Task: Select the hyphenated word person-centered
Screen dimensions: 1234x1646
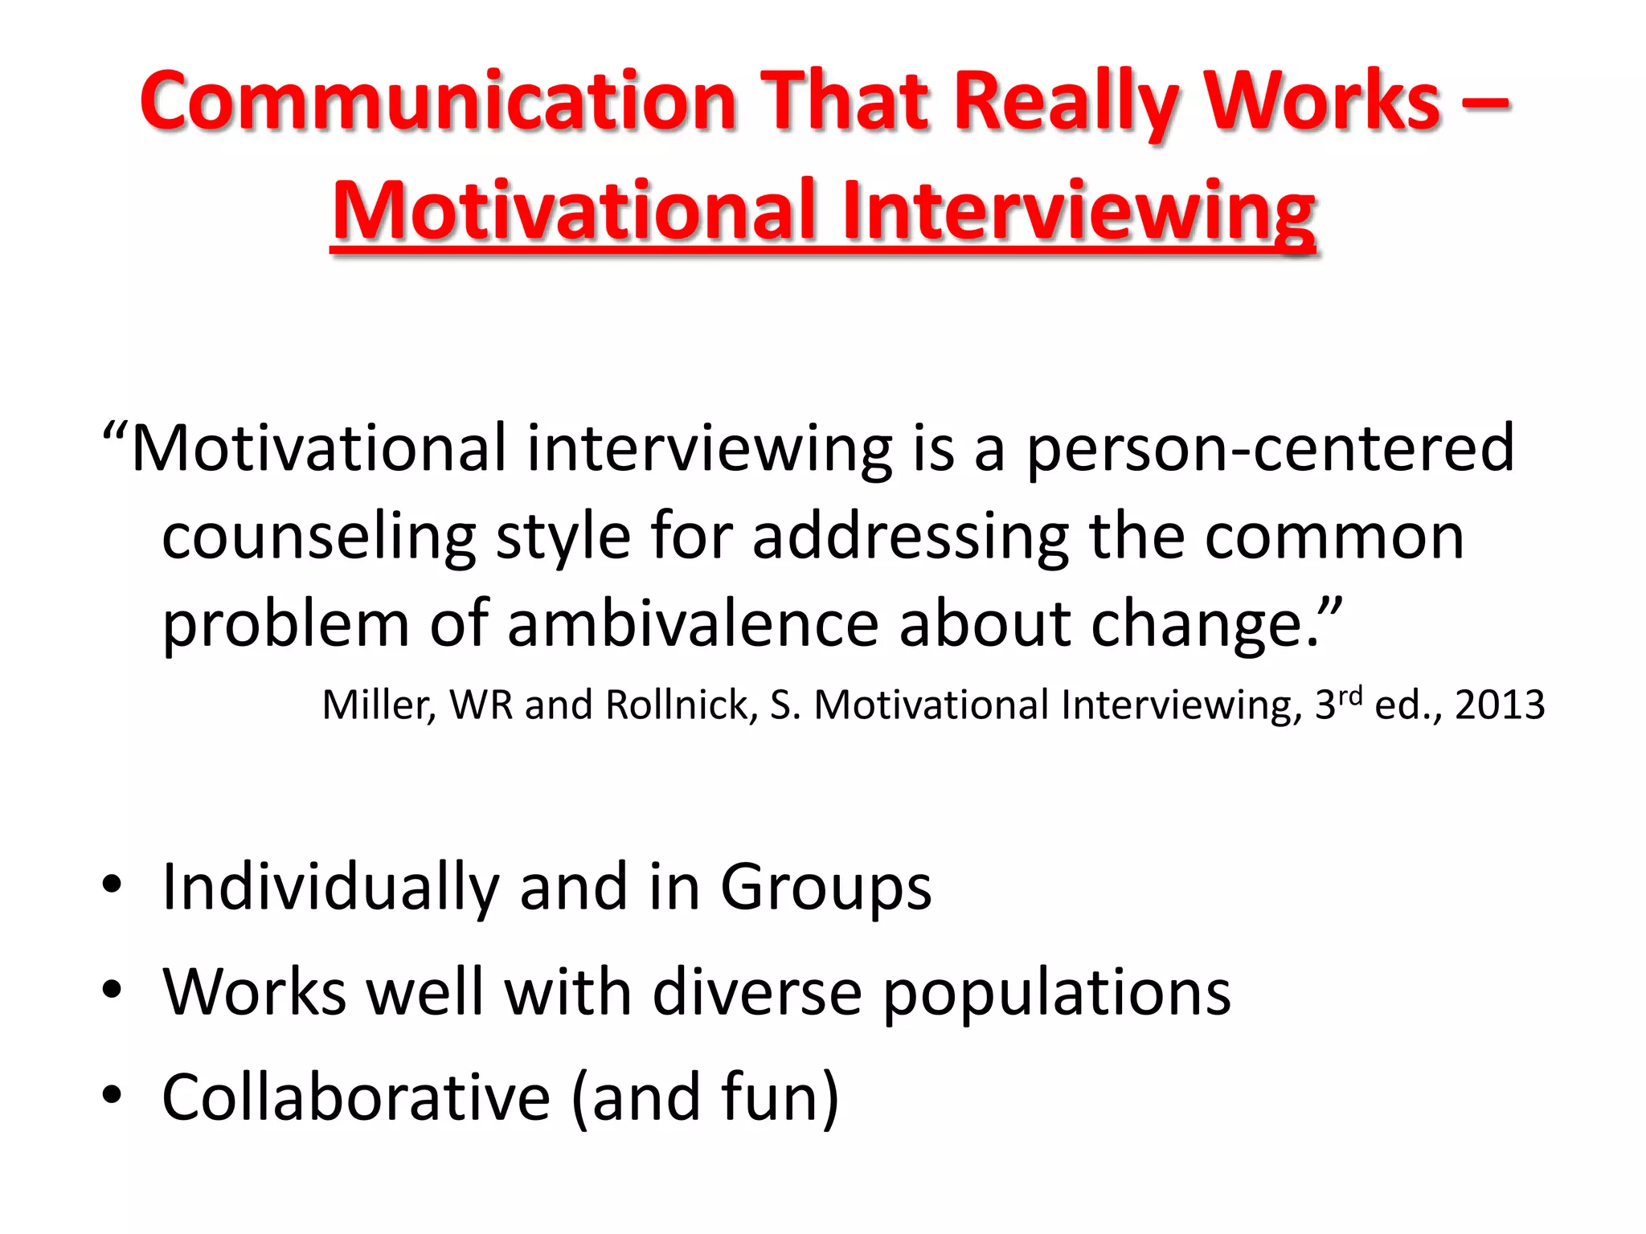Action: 1270,448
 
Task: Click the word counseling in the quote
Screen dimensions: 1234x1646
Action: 319,537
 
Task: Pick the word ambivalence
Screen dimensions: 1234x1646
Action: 693,623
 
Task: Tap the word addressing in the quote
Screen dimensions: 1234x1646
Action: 911,537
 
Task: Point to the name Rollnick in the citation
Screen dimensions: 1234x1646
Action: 681,705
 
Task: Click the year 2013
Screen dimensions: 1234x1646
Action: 1500,705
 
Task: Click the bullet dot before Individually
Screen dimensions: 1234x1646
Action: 112,885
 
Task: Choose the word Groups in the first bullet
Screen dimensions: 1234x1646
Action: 825,888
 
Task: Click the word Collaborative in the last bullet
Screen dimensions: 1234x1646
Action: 356,1097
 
